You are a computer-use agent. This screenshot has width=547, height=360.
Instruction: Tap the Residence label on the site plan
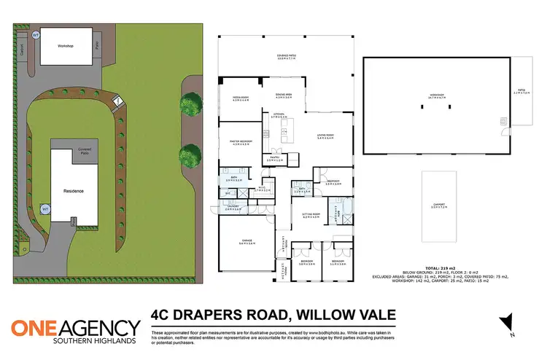(x=73, y=191)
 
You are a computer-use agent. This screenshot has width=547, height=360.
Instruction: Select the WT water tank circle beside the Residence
(x=45, y=208)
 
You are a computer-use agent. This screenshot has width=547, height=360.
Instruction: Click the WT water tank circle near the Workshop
(x=36, y=34)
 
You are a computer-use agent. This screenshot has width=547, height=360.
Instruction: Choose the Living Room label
(x=325, y=136)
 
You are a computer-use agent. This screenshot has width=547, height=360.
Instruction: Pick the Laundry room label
(x=233, y=207)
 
